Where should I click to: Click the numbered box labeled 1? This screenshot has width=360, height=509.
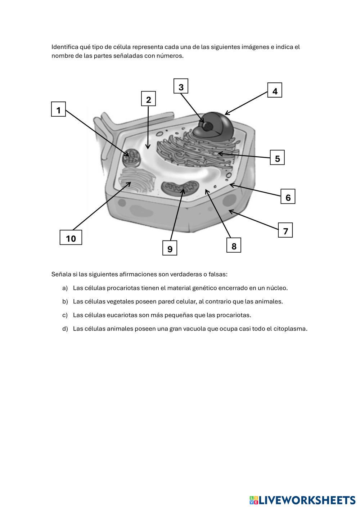pos(59,109)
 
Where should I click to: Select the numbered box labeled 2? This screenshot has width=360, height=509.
pos(148,99)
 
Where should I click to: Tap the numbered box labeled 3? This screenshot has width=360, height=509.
pos(181,87)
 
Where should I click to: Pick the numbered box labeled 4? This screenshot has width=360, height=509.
pos(275,91)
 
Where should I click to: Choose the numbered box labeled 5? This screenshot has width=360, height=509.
pos(277,158)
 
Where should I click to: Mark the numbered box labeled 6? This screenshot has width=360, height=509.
pos(288,197)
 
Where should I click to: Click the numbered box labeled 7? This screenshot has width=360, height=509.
pos(285,231)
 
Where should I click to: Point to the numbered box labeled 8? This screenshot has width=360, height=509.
pos(234,246)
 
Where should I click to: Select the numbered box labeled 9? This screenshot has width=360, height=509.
pos(170,248)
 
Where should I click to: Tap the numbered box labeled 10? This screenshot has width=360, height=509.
pos(71,238)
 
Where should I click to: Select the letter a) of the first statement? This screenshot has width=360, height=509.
pos(65,288)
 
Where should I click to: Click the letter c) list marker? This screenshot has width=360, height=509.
pos(65,315)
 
